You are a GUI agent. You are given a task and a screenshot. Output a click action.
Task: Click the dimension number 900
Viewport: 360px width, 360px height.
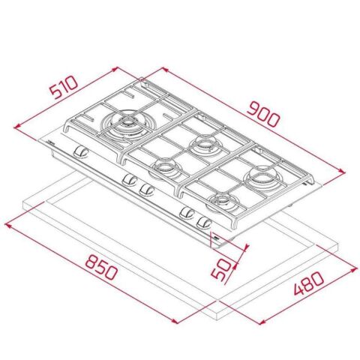[x=261, y=110]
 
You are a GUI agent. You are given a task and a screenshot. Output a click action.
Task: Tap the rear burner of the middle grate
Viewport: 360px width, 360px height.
[x=202, y=142]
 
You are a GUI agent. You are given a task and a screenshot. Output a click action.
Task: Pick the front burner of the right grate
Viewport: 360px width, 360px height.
[x=223, y=201]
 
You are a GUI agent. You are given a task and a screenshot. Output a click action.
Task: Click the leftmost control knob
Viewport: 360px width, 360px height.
[x=81, y=154]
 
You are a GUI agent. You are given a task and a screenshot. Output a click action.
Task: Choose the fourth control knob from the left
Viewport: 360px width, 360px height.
[x=184, y=213]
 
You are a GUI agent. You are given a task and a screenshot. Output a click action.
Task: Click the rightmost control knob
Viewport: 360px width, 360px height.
[x=202, y=221]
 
